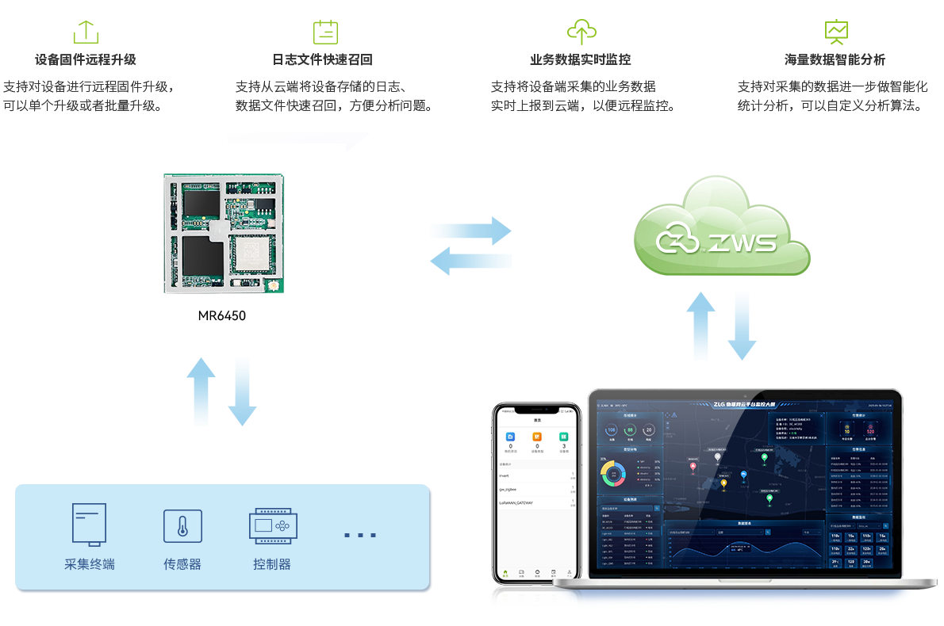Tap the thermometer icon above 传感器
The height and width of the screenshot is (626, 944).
point(182,526)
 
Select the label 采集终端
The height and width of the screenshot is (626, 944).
point(90,565)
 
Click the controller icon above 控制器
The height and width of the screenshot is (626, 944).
point(272,525)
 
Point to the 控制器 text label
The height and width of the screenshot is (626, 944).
point(272,565)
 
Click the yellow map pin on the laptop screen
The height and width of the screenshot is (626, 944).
point(764,458)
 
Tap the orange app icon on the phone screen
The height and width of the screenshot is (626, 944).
point(537,437)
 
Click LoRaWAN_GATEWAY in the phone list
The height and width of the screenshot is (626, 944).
point(516,502)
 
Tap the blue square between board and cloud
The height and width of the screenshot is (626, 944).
point(470,246)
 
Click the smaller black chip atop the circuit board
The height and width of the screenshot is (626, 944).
point(200,203)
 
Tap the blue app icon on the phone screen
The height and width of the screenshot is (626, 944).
point(511,437)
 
